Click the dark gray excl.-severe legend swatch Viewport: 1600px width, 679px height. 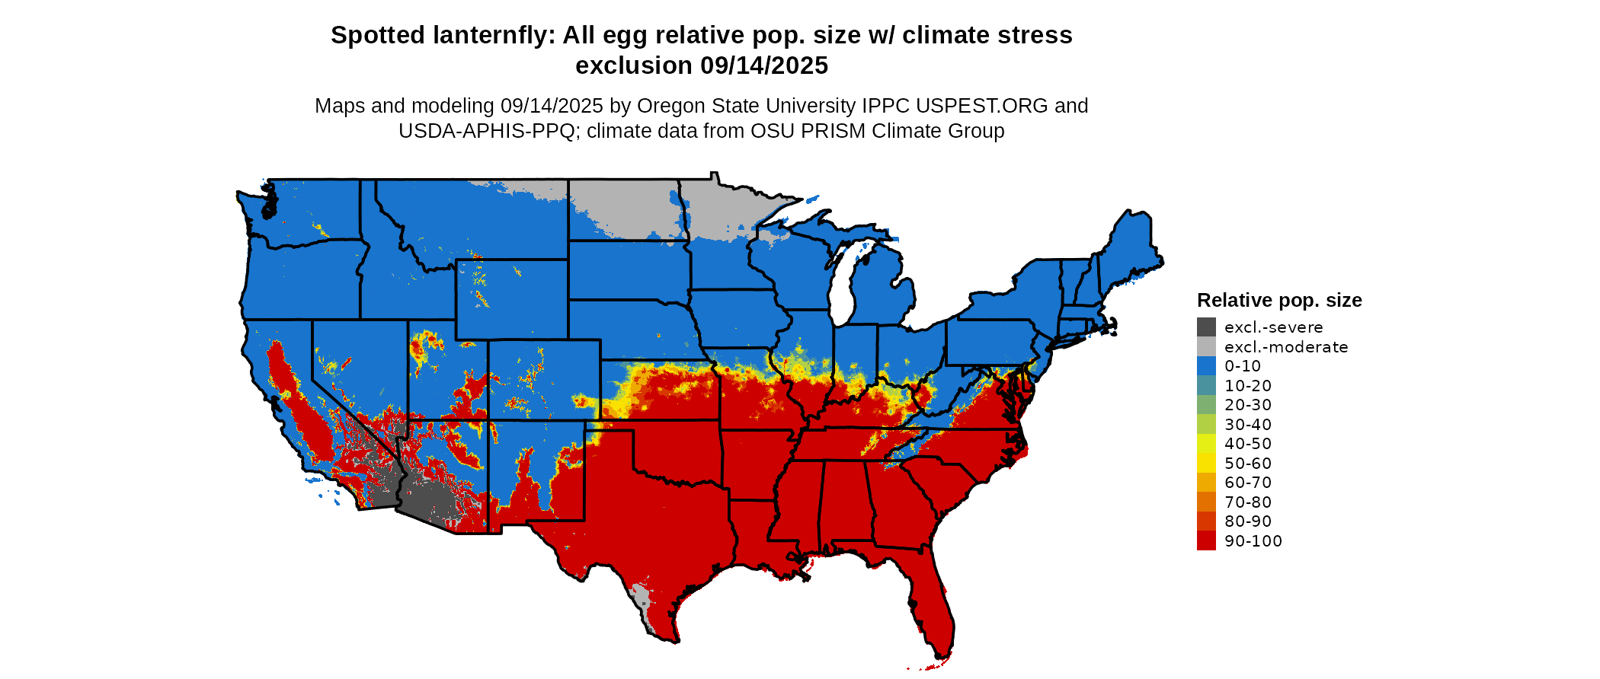click(x=1206, y=327)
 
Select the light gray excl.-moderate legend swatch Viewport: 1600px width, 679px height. click(x=1206, y=347)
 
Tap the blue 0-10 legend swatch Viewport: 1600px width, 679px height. click(x=1206, y=366)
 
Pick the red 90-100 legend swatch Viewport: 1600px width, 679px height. click(x=1206, y=541)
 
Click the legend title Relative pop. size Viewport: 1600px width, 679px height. click(x=1279, y=300)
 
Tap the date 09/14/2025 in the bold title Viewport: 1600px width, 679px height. click(x=764, y=65)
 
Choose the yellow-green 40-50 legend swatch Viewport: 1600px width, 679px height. click(x=1206, y=444)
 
